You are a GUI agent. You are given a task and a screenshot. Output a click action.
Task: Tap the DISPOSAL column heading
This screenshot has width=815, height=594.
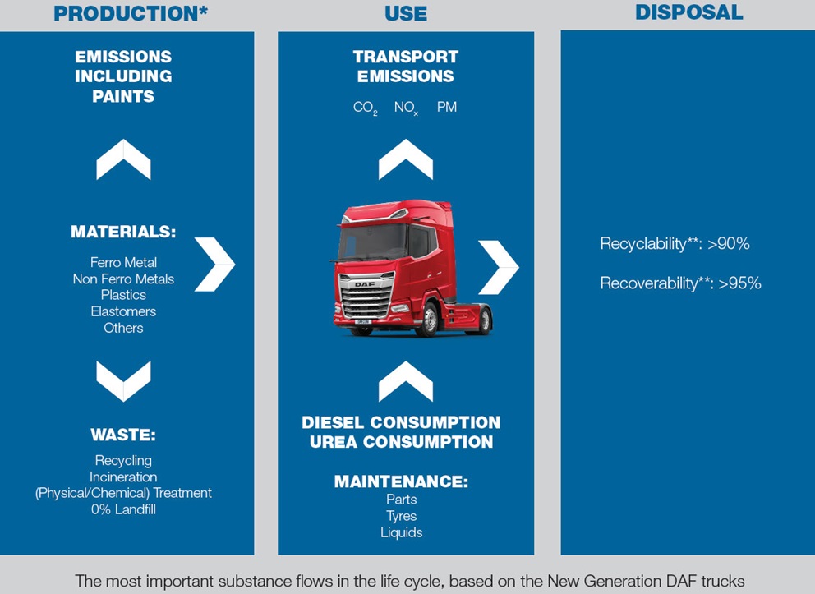pyautogui.click(x=688, y=12)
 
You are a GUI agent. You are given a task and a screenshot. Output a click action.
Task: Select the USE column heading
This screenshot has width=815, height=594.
pyautogui.click(x=406, y=13)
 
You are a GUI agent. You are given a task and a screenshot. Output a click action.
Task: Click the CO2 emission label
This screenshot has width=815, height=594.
pyautogui.click(x=365, y=108)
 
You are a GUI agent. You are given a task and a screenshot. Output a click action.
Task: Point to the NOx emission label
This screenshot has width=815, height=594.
pyautogui.click(x=406, y=108)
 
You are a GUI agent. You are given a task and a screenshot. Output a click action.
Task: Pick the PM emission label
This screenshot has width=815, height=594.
pyautogui.click(x=447, y=108)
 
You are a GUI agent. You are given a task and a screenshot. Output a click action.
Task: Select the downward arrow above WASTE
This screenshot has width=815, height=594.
pyautogui.click(x=123, y=380)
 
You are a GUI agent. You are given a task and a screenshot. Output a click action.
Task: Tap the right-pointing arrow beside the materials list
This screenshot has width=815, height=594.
pyautogui.click(x=214, y=264)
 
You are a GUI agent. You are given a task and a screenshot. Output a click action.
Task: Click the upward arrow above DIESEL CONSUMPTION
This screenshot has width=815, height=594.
pyautogui.click(x=406, y=381)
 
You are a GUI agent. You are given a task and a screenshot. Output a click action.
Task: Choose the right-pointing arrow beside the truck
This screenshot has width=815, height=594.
pyautogui.click(x=499, y=267)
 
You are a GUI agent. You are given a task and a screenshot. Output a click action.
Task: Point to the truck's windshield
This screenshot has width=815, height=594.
pyautogui.click(x=374, y=242)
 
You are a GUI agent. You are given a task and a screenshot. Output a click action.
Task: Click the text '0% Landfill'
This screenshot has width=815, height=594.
pyautogui.click(x=123, y=509)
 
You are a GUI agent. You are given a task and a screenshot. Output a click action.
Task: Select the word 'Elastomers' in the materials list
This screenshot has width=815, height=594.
pyautogui.click(x=123, y=311)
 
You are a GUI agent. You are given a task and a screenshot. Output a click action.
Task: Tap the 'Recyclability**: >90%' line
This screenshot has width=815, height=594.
pyautogui.click(x=675, y=244)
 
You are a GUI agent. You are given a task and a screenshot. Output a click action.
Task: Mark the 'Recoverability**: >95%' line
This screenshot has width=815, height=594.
pyautogui.click(x=680, y=283)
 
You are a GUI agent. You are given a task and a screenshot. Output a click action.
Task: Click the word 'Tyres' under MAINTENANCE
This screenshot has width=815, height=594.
pyautogui.click(x=402, y=516)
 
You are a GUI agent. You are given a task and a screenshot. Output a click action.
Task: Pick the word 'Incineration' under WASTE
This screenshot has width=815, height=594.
pyautogui.click(x=123, y=477)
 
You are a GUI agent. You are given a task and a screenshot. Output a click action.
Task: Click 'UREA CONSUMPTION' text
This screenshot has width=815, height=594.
pyautogui.click(x=401, y=442)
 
